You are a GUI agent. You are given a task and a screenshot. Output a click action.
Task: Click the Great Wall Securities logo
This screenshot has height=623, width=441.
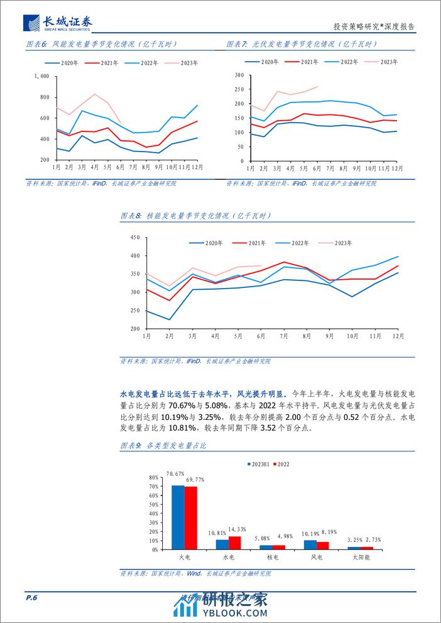(58, 23)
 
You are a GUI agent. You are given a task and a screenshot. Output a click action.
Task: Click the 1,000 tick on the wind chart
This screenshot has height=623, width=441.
(42, 76)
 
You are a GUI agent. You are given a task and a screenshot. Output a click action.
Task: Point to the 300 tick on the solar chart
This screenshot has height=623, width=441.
(238, 75)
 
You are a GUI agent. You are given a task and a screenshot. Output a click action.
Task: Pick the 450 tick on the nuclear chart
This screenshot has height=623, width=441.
(134, 238)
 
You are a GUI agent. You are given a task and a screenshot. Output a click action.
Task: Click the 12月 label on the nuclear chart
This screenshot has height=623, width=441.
(398, 336)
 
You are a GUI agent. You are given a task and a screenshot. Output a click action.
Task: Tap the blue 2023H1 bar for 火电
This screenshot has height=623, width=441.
(178, 517)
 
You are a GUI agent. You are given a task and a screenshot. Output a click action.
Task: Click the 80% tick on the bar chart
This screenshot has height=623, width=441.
(153, 477)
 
